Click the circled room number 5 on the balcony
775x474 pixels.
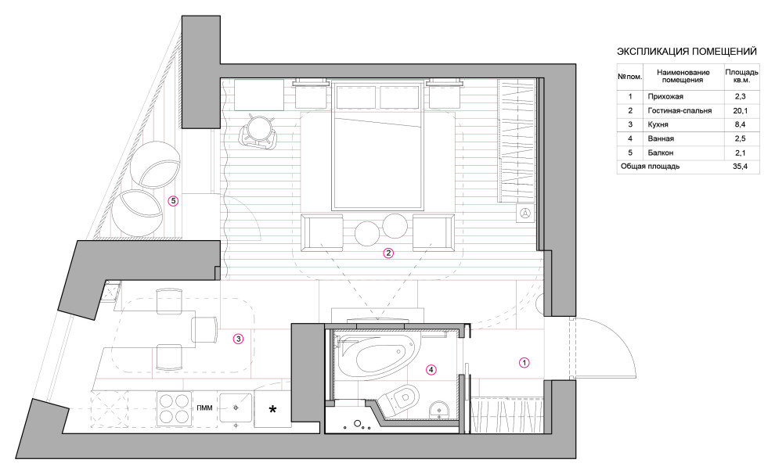[x=173, y=201]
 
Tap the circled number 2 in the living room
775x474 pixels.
[x=388, y=253]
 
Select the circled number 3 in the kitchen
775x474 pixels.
[x=239, y=339]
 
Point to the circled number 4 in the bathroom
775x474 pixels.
[x=431, y=369]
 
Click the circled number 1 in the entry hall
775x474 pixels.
[x=524, y=362]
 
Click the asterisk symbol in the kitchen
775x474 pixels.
[x=272, y=409]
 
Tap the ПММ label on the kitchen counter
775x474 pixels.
[x=204, y=408]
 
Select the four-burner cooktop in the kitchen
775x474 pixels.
[x=174, y=409]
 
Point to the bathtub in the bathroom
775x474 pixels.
[x=378, y=355]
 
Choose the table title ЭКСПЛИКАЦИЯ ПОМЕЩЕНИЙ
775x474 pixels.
[x=687, y=52]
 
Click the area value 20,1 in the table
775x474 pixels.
[x=740, y=110]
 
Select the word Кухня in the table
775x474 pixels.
[x=658, y=124]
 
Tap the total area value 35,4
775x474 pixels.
[x=740, y=167]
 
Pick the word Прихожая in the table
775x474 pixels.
[x=665, y=96]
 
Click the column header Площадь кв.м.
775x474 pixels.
[x=741, y=76]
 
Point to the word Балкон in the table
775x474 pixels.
[x=661, y=153]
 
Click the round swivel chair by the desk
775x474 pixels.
[x=258, y=131]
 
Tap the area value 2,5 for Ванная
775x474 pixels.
[x=740, y=138]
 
